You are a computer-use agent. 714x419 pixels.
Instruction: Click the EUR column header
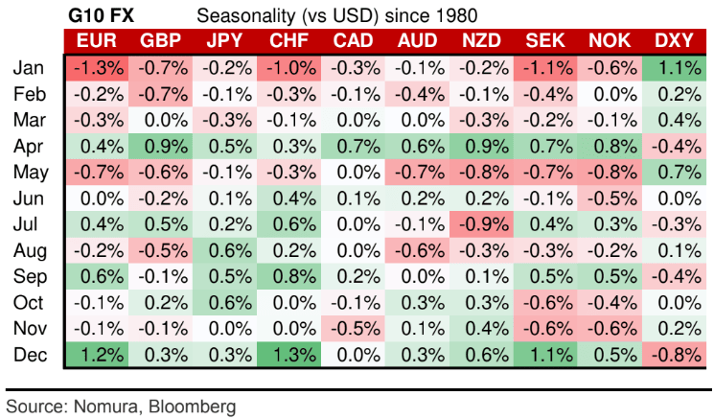tap(96, 41)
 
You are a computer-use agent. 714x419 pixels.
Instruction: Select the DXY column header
tap(675, 41)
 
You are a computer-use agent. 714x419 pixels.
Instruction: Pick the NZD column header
tap(482, 41)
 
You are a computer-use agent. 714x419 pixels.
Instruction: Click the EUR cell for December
tap(96, 354)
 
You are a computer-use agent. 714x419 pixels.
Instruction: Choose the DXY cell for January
tap(675, 68)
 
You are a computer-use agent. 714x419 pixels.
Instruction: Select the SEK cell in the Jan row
tap(546, 68)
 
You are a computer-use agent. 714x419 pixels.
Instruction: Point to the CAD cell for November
tap(354, 328)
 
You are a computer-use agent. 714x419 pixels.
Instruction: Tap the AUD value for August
tap(418, 250)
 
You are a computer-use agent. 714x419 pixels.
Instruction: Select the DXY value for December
tap(675, 354)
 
